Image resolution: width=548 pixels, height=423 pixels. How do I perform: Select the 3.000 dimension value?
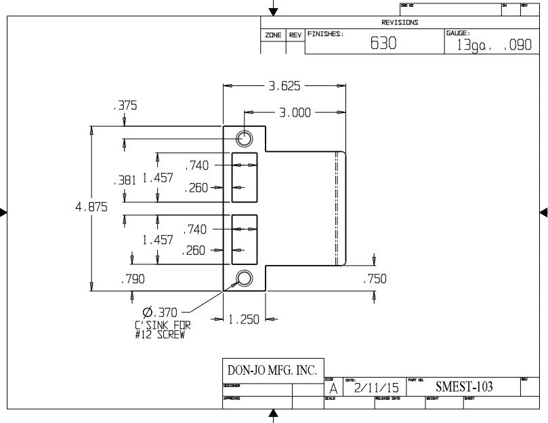point(295,113)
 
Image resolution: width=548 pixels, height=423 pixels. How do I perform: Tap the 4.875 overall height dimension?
point(91,208)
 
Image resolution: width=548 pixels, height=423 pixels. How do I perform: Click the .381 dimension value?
point(124,180)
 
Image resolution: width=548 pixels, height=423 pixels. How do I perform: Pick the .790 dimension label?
point(132,279)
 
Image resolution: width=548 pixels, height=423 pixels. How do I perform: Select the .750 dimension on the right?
point(375,279)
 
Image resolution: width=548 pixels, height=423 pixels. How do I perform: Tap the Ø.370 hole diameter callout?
point(160,312)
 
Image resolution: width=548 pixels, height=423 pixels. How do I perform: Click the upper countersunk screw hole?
point(244,139)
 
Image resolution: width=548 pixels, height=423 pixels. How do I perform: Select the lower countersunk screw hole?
point(244,278)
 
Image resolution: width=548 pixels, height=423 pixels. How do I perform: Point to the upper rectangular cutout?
point(245,177)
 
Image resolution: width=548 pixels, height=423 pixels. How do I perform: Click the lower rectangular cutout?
point(245,240)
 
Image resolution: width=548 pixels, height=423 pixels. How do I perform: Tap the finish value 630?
point(383,44)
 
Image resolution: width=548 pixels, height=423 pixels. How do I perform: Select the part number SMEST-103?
point(464,387)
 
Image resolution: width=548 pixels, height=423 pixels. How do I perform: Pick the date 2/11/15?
point(377,388)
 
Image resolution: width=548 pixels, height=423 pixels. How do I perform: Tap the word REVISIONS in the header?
point(400,22)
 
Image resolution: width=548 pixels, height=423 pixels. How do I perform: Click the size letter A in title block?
point(333,389)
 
